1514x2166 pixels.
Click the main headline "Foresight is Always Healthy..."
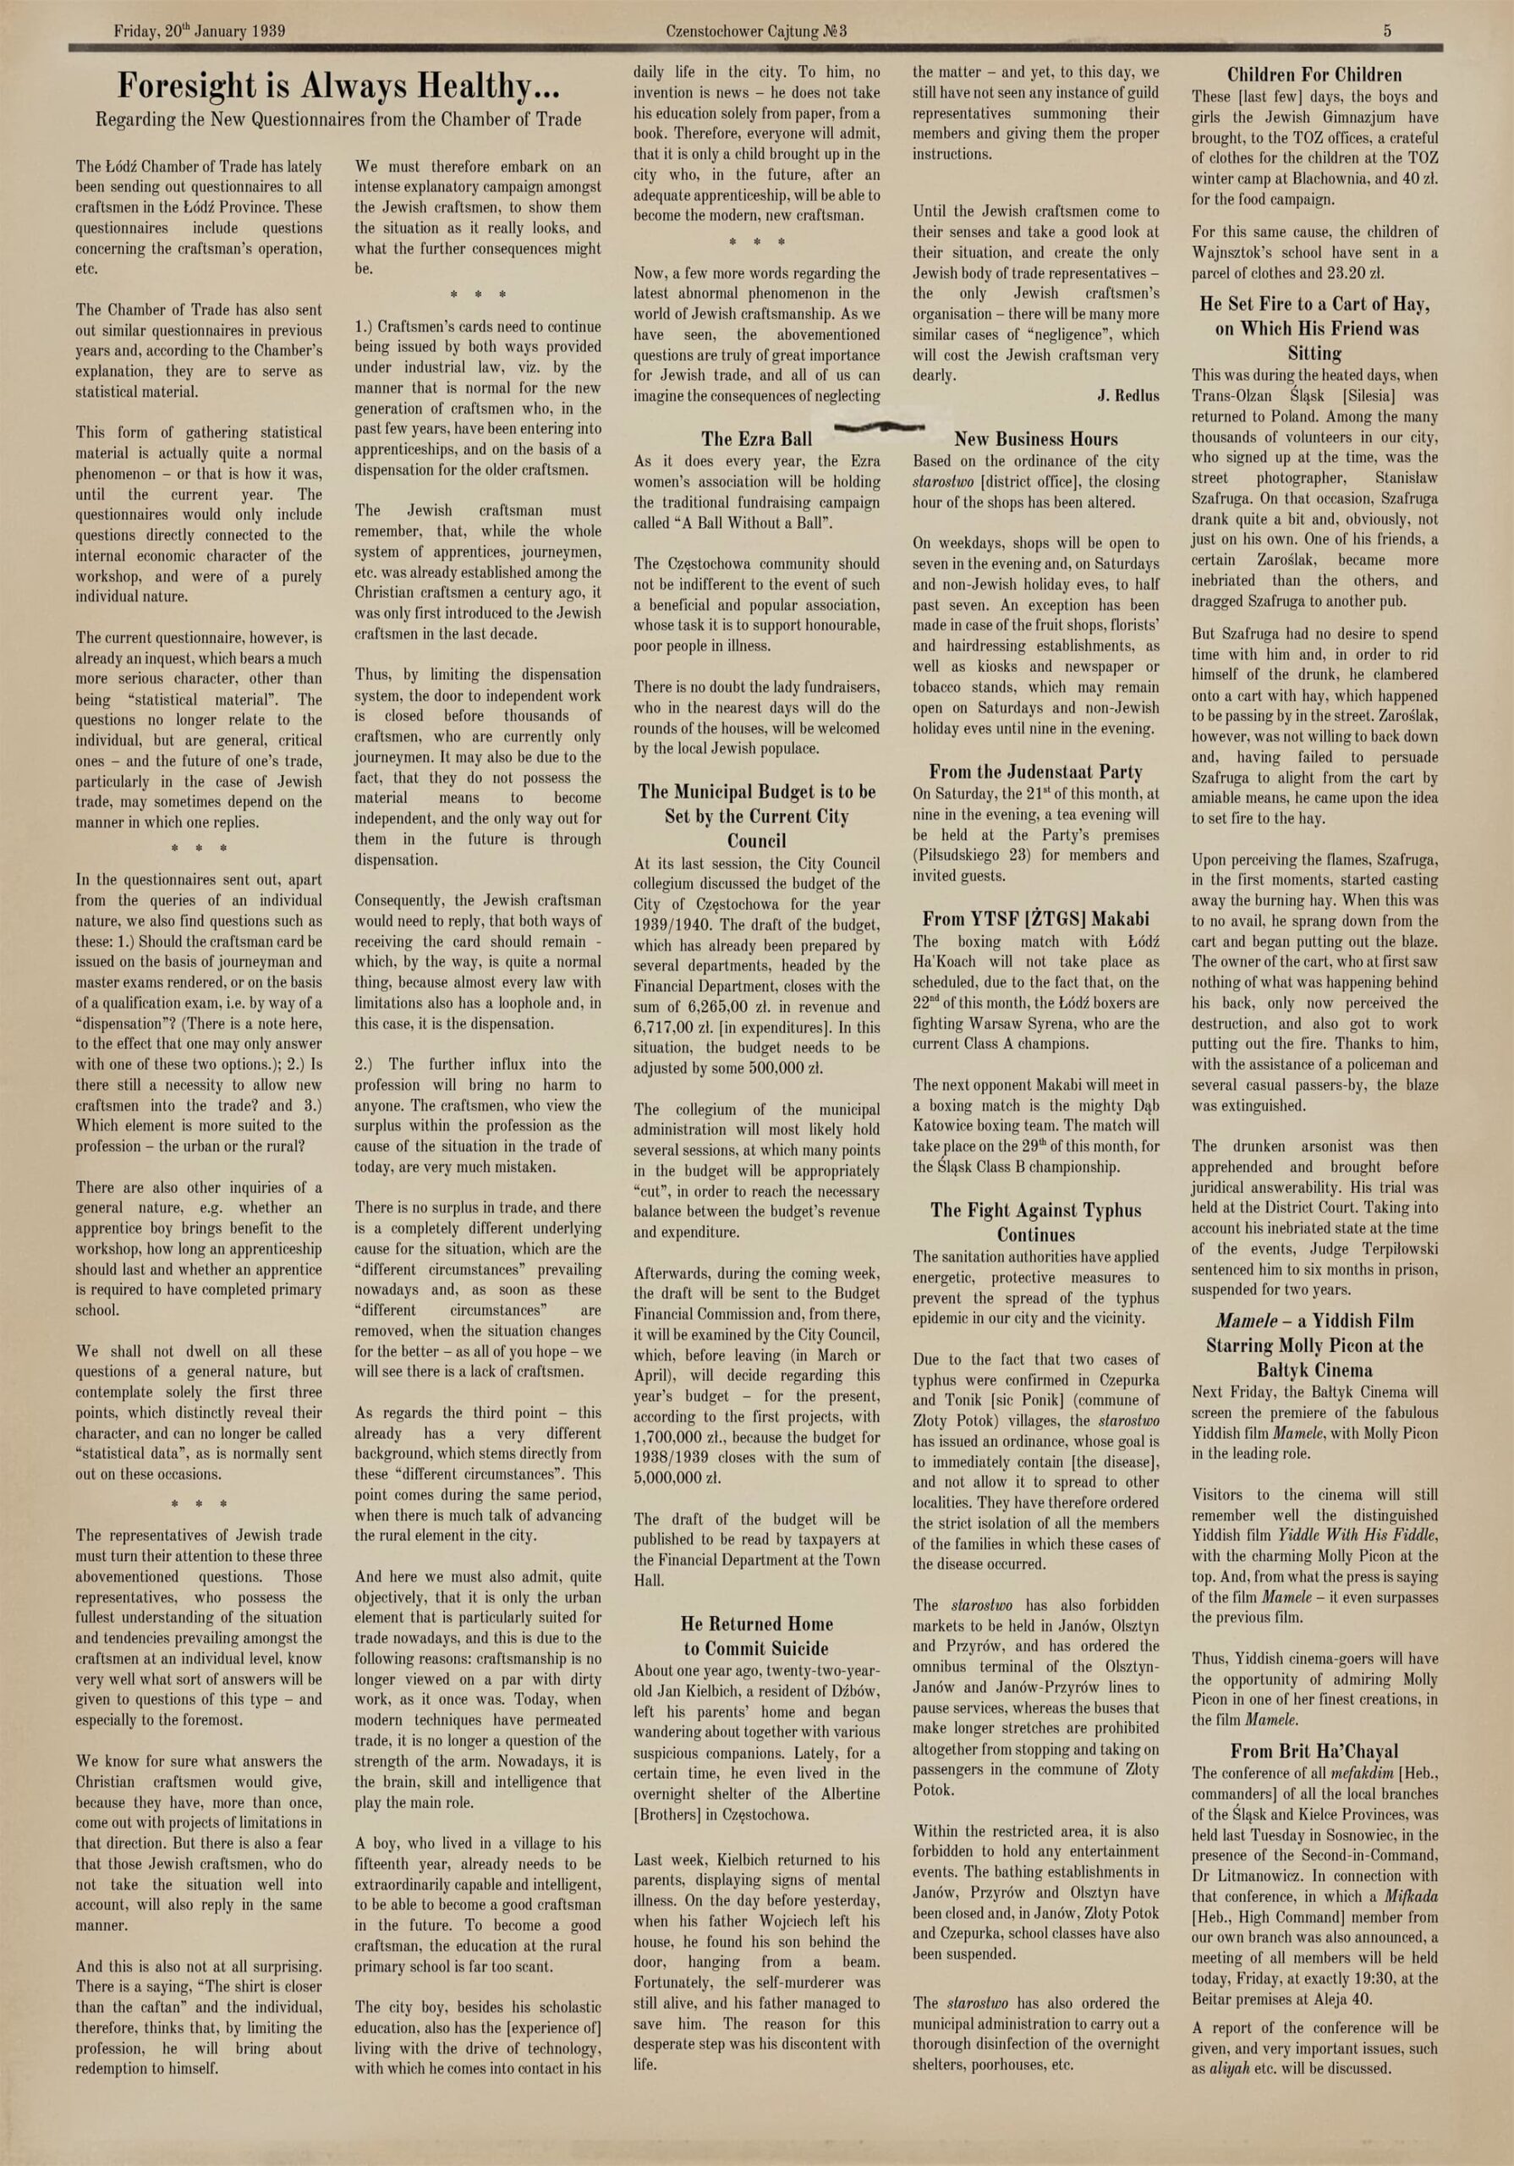[x=338, y=87]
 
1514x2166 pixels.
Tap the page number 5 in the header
[x=1388, y=31]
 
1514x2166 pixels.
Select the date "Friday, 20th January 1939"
[x=200, y=31]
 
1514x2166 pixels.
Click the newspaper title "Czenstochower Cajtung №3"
[x=756, y=31]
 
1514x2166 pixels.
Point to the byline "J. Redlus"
[x=1128, y=396]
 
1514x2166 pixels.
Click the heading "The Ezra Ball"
[x=756, y=438]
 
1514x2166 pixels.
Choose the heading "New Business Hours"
[x=1036, y=438]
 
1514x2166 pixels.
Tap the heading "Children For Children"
[x=1314, y=74]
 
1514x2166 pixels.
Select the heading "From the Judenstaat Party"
[x=1036, y=772]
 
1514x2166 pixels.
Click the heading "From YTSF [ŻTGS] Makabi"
[x=1036, y=918]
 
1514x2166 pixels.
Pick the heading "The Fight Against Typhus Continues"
[x=1036, y=1223]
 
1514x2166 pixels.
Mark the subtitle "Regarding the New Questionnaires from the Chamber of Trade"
[x=338, y=120]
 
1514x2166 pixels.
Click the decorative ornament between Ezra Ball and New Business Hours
[x=879, y=426]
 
